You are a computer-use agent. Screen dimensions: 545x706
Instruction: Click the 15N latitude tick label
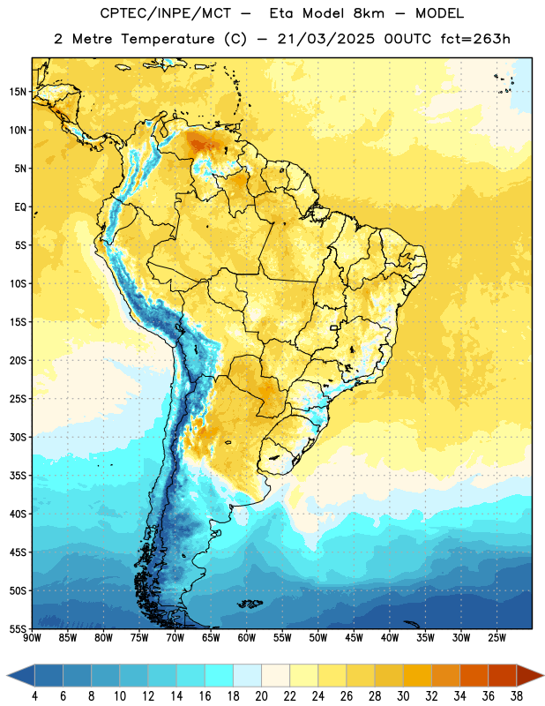point(18,92)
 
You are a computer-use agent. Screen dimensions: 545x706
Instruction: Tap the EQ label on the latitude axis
point(20,207)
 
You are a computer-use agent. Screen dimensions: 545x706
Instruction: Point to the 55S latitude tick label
point(18,628)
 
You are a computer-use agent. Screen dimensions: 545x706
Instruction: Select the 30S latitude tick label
point(18,437)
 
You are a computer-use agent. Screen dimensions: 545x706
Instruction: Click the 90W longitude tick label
point(32,638)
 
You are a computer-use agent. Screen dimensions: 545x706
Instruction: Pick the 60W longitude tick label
point(247,638)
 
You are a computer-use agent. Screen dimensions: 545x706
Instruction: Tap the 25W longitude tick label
point(496,638)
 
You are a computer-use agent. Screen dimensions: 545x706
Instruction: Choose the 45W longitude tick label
point(354,638)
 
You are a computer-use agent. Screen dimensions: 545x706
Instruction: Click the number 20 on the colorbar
point(261,696)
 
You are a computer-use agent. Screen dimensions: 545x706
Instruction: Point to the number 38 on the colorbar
point(517,696)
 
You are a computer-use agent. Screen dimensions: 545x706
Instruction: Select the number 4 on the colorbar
point(34,696)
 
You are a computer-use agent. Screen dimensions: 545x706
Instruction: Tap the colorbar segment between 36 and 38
point(503,676)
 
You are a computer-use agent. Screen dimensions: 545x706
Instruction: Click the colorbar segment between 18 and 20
point(247,676)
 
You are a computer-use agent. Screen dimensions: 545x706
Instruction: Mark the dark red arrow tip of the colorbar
point(543,676)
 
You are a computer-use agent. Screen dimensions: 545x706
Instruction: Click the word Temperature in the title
point(168,39)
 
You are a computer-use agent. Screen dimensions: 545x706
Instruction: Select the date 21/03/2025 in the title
point(325,39)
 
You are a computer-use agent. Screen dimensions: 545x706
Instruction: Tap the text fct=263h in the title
point(475,39)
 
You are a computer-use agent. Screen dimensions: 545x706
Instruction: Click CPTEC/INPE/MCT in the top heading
point(166,13)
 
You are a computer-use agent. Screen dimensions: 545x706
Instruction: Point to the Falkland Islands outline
point(250,604)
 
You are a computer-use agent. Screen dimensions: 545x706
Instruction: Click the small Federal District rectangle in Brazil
point(334,327)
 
